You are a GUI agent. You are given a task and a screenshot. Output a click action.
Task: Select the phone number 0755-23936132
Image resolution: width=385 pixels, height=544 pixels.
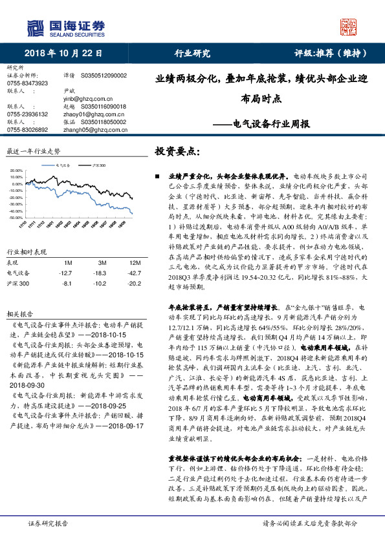click(27, 114)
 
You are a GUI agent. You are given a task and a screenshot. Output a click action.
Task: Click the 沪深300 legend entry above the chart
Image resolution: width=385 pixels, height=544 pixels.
click(96, 165)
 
